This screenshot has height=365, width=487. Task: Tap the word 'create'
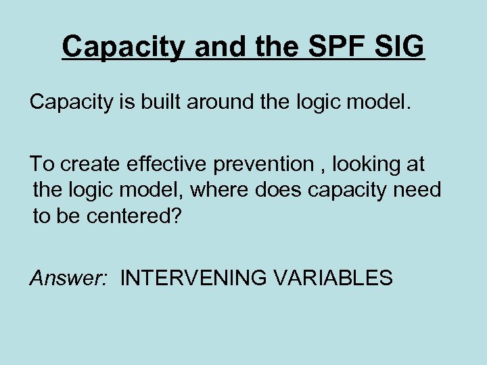click(91, 164)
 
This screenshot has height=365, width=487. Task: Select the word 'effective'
click(170, 164)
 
